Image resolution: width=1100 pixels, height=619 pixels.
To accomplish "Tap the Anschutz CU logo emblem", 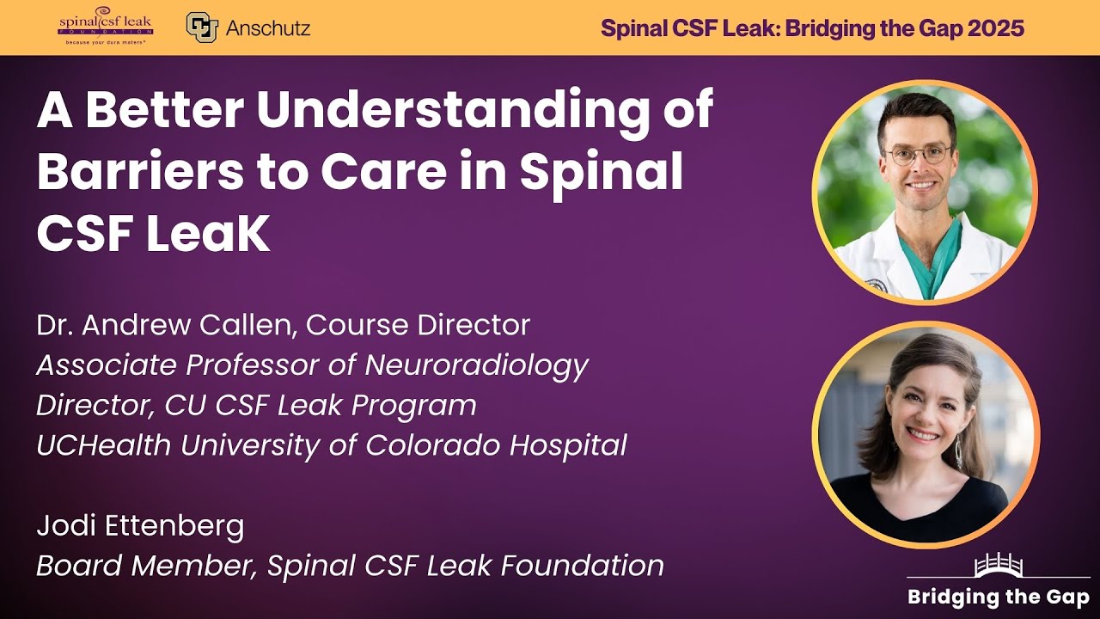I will coord(201,28).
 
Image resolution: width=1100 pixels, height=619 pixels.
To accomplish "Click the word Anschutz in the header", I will coord(267,28).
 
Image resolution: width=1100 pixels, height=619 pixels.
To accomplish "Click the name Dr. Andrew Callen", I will coord(164,325).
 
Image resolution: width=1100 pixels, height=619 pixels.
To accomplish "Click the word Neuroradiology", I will coord(476,365).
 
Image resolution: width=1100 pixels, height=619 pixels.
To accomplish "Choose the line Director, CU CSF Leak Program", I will coord(256,404).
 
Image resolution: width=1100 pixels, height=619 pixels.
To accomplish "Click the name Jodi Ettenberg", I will coord(140,525).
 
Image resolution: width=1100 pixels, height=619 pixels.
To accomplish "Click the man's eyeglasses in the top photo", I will coord(919,156).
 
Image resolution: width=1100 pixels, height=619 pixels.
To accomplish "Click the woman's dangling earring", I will coord(958,451).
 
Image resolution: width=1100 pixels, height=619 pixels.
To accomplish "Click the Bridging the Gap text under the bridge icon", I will coord(999,597).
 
